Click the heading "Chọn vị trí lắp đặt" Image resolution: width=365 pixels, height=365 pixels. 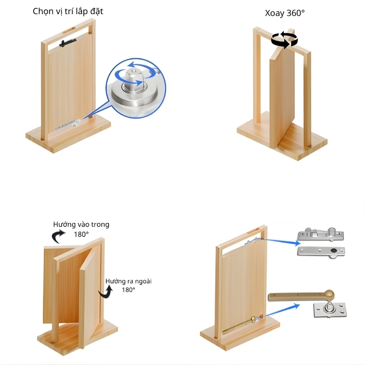coord(68,11)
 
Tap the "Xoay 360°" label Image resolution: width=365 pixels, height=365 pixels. coord(285,13)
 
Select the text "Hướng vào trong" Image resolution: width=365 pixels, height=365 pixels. coord(81,224)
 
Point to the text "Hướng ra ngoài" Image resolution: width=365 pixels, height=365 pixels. coord(128,282)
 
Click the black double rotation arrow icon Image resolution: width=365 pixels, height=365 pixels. coord(284,40)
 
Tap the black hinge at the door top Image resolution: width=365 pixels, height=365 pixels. coord(68,42)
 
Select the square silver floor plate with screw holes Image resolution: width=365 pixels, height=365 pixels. coord(330,309)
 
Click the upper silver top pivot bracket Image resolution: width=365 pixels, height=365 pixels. coord(321,234)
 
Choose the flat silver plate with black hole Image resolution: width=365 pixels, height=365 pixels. coord(321,252)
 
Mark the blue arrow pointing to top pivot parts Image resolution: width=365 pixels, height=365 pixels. coord(281,241)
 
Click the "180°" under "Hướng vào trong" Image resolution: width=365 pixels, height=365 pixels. coord(81,234)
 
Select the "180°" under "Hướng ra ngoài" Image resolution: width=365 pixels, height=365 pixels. coord(129,290)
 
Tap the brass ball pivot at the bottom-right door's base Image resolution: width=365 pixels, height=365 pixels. coord(254,319)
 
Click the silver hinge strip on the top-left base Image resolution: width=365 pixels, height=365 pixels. coord(68,125)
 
